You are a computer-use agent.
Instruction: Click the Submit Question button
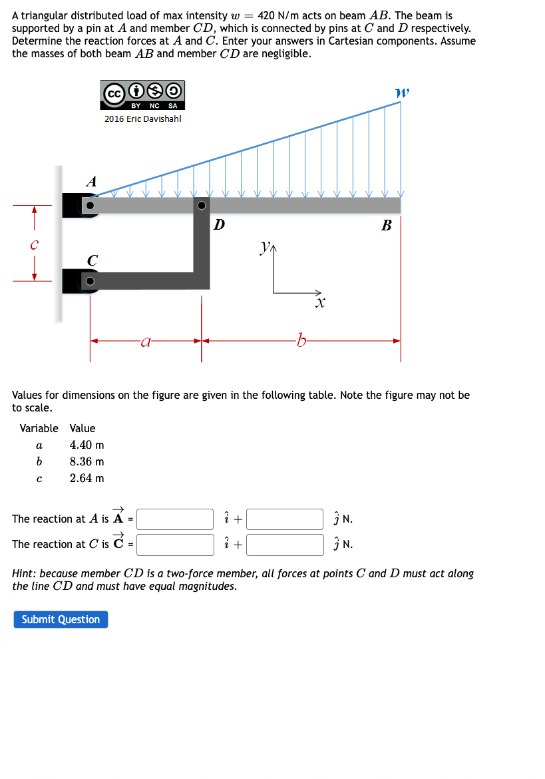pyautogui.click(x=61, y=619)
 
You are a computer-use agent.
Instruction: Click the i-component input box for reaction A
pyautogui.click(x=175, y=519)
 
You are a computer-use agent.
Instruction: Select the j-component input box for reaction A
pyautogui.click(x=285, y=519)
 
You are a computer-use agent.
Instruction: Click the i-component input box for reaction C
pyautogui.click(x=175, y=544)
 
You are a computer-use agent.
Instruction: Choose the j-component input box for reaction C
pyautogui.click(x=285, y=544)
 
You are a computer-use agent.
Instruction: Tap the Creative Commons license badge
pyautogui.click(x=142, y=95)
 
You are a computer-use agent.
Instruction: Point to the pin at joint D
pyautogui.click(x=202, y=206)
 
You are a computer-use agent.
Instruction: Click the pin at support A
pyautogui.click(x=91, y=206)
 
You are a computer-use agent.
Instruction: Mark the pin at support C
pyautogui.click(x=91, y=280)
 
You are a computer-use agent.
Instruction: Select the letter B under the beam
pyautogui.click(x=386, y=226)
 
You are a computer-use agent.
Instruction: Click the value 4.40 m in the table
pyautogui.click(x=87, y=445)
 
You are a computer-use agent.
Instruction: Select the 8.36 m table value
pyautogui.click(x=87, y=461)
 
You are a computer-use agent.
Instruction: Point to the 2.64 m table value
pyautogui.click(x=87, y=478)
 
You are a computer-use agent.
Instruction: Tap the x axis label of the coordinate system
pyautogui.click(x=321, y=303)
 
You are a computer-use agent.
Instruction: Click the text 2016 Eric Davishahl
pyautogui.click(x=142, y=119)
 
